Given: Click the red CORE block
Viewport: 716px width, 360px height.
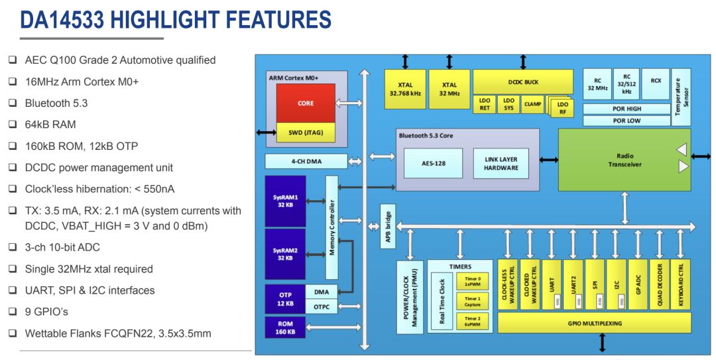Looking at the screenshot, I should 306,103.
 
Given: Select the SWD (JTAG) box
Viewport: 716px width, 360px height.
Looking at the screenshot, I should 306,133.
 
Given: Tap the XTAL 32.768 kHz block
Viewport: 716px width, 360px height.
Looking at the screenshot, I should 405,90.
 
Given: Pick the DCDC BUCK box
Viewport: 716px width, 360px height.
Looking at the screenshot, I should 523,82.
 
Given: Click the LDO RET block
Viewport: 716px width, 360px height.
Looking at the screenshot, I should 484,105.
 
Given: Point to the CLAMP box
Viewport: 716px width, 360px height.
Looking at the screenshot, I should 532,104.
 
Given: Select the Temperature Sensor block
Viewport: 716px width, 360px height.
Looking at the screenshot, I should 680,97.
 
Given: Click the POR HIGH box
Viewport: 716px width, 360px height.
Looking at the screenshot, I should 626,109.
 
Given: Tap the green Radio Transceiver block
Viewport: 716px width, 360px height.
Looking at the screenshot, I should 624,160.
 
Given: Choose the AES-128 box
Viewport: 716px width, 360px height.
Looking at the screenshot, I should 434,163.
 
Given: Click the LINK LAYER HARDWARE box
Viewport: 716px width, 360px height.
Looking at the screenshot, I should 501,163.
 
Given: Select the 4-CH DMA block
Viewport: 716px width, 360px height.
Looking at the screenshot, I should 306,161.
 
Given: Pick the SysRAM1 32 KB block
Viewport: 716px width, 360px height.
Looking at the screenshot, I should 285,201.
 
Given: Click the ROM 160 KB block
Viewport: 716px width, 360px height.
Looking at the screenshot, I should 285,328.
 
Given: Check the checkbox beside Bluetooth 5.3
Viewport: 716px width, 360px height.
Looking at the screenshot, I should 13,103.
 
